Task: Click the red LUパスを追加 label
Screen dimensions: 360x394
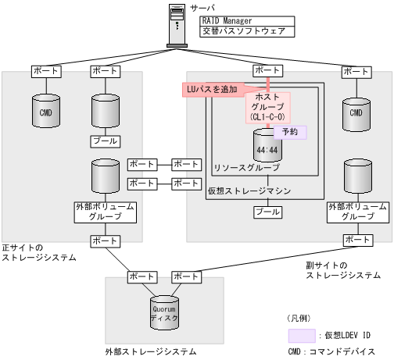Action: click(x=211, y=90)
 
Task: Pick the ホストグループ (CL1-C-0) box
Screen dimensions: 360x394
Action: click(x=268, y=108)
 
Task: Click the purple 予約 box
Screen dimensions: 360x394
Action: click(x=289, y=133)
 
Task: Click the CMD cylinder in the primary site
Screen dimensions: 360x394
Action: click(x=45, y=112)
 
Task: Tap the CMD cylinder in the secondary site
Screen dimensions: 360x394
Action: click(x=356, y=112)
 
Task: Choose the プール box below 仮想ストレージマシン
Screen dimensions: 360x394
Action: click(x=268, y=212)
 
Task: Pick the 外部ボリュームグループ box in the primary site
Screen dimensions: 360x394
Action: click(x=105, y=212)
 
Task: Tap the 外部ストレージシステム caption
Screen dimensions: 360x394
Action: click(x=150, y=352)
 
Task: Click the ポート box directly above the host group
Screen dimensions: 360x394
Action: click(x=268, y=71)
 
